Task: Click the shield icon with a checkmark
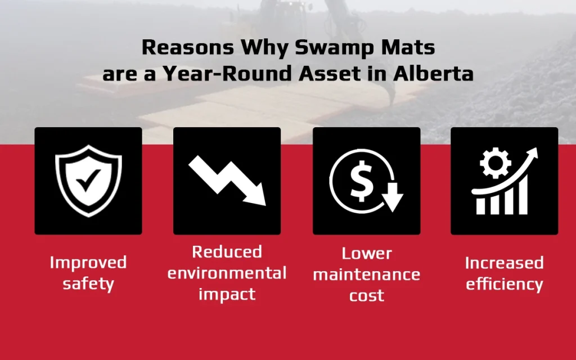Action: tap(88, 181)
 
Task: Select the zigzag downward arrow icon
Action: tap(227, 180)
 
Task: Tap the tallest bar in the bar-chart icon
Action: tap(523, 198)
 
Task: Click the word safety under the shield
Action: tap(88, 283)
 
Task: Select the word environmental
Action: tap(227, 273)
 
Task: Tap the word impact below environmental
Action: tap(227, 294)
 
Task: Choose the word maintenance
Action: tap(366, 275)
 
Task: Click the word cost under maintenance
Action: tap(366, 295)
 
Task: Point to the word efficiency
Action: tap(504, 284)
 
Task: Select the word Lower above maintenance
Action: tap(366, 254)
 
